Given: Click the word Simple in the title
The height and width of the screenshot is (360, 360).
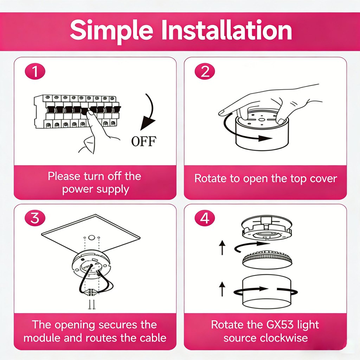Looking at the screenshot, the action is click(x=111, y=31).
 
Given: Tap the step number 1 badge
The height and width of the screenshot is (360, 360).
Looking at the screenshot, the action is click(x=35, y=72).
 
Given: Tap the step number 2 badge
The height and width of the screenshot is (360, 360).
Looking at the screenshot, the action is click(x=205, y=72).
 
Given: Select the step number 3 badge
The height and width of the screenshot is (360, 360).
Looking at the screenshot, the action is click(x=35, y=218).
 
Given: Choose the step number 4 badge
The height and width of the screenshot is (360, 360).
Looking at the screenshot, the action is click(x=205, y=218).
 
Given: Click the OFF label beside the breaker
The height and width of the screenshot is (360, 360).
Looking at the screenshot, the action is click(x=143, y=141).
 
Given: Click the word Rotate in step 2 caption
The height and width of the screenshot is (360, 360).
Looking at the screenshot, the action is click(x=211, y=178).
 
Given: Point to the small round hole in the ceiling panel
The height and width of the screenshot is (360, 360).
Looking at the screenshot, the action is click(x=92, y=238).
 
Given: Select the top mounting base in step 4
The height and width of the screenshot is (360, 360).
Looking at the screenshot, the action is click(x=266, y=228).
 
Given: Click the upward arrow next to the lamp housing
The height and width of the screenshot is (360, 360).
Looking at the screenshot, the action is click(x=222, y=289).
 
